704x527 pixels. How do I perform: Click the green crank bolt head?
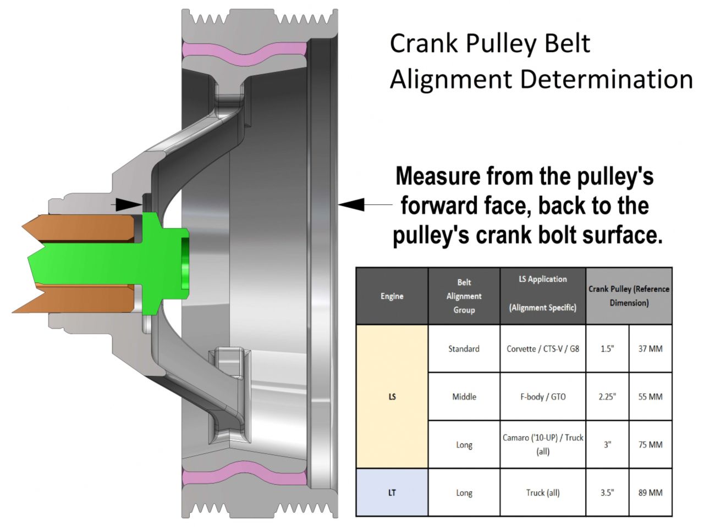tap(165, 264)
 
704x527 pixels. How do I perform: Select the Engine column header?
tap(392, 296)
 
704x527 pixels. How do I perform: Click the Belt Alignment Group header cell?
tap(464, 296)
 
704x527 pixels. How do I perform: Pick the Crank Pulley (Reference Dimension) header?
tap(629, 296)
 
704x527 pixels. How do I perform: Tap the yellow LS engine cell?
tap(392, 396)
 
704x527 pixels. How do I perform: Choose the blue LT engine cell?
tap(392, 492)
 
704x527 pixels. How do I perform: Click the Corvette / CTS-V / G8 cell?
tap(542, 349)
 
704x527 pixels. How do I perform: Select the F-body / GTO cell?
tap(542, 396)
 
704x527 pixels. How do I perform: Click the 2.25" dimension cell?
tap(607, 396)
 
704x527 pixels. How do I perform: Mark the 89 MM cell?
tap(650, 492)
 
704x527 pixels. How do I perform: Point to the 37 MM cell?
tap(650, 349)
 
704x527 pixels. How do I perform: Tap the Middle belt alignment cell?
tap(464, 396)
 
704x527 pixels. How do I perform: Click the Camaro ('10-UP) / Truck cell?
tap(542, 444)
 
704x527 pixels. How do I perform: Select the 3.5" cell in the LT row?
tap(607, 492)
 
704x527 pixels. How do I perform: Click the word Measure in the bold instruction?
tap(438, 177)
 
